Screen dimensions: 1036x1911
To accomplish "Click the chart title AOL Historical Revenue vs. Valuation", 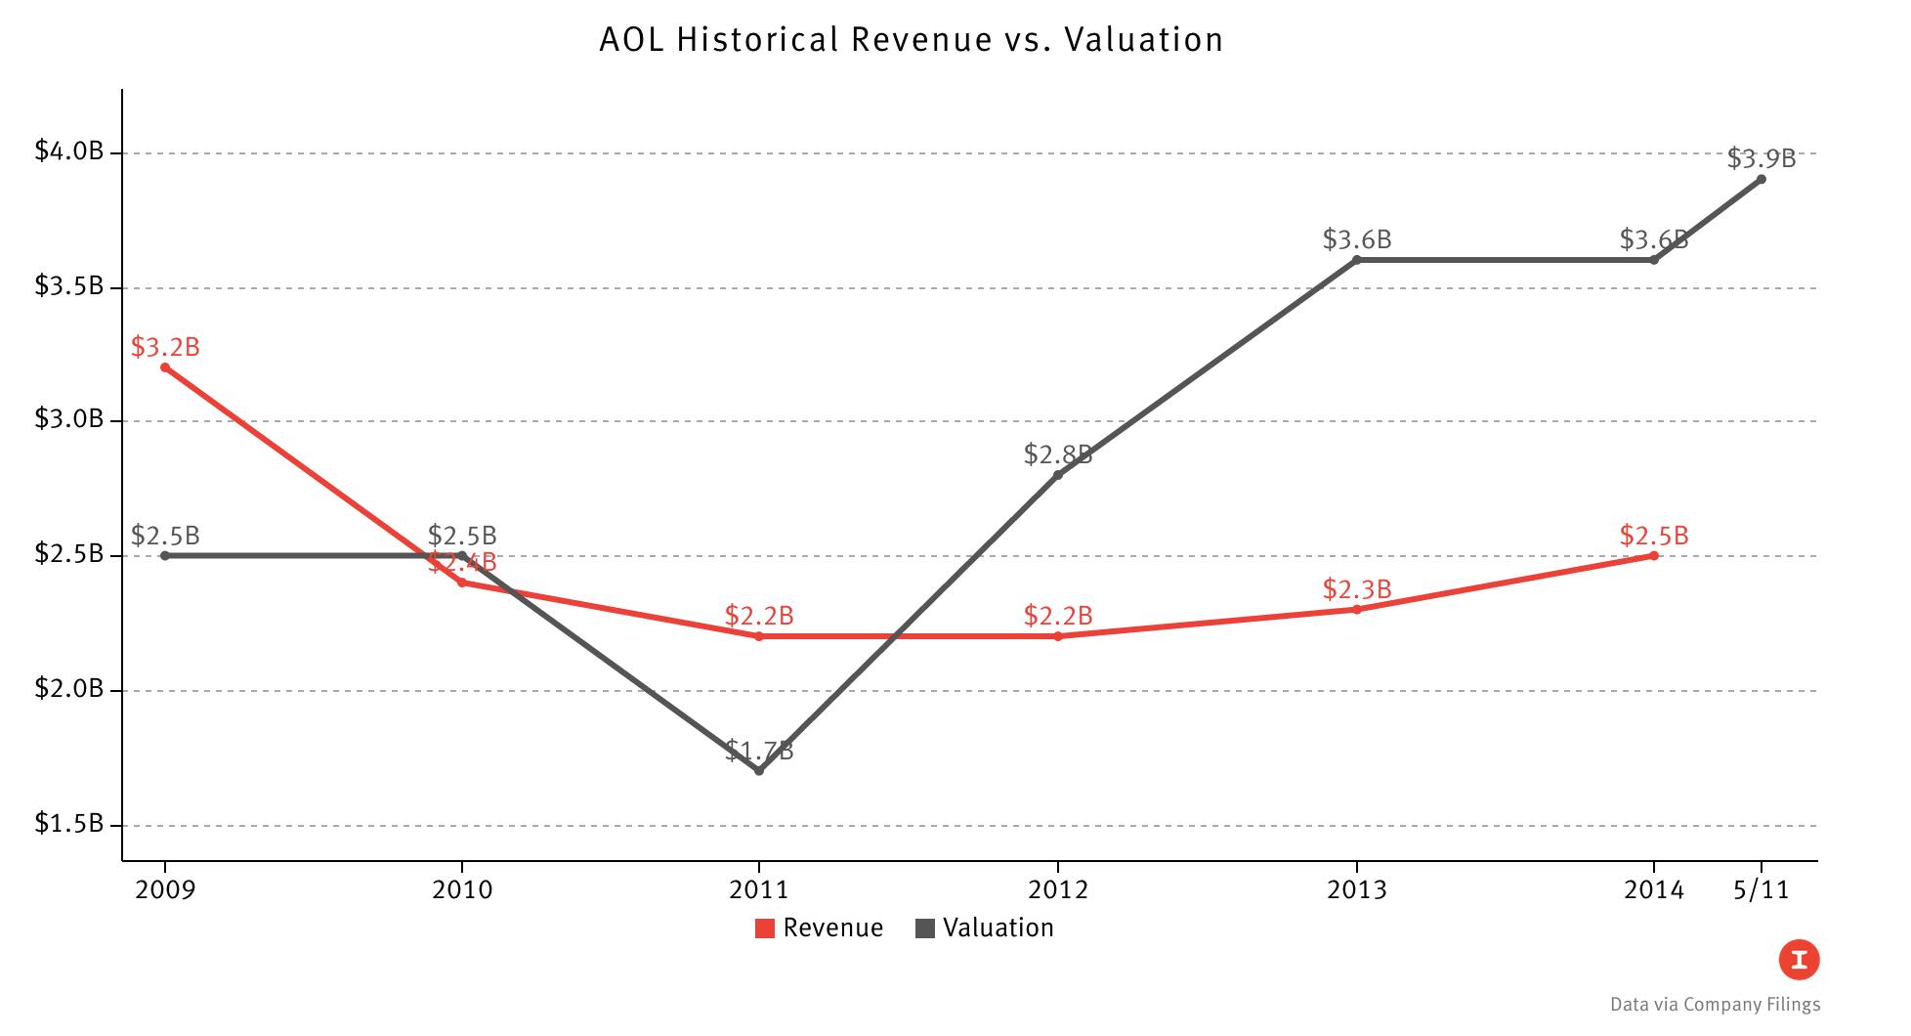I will tap(911, 40).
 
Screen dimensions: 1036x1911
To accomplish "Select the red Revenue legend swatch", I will tap(765, 928).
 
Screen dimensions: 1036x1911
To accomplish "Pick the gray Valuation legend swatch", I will tap(925, 928).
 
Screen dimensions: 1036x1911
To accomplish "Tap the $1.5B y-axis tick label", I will tap(68, 824).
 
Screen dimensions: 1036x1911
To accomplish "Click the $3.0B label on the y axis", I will tap(68, 419).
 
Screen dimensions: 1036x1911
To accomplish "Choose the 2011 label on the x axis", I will tap(759, 889).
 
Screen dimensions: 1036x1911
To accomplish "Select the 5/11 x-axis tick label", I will tap(1762, 889).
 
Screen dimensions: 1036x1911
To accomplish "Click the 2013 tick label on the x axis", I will tap(1356, 889).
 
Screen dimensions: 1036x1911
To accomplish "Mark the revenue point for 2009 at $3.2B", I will tap(165, 367).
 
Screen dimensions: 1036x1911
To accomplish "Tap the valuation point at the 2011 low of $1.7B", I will tap(759, 771).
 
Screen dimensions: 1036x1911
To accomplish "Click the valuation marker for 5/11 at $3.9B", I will tap(1762, 179).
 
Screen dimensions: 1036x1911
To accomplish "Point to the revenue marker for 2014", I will tap(1654, 555).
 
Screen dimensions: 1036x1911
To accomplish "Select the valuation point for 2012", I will tap(1058, 475).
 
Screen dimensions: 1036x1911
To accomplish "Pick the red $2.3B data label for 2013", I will tap(1357, 589).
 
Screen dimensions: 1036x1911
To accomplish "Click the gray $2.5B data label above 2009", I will tap(165, 536).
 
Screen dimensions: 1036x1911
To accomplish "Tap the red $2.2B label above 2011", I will tap(759, 616).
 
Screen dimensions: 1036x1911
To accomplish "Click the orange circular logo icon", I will tap(1799, 960).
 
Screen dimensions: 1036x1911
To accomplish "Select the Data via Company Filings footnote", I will tap(1715, 1005).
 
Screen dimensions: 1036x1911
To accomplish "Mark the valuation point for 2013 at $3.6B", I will tap(1357, 260).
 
